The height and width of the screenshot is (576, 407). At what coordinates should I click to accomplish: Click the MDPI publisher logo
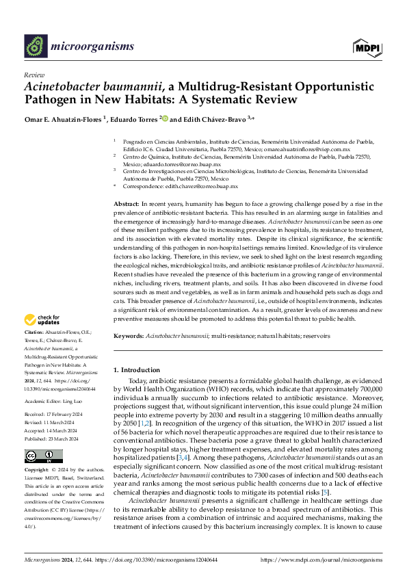pyautogui.click(x=367, y=47)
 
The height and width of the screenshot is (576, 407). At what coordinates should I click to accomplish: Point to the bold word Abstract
pyautogui.click(x=127, y=205)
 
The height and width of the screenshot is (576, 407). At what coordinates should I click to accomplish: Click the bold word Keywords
pyautogui.click(x=129, y=336)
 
